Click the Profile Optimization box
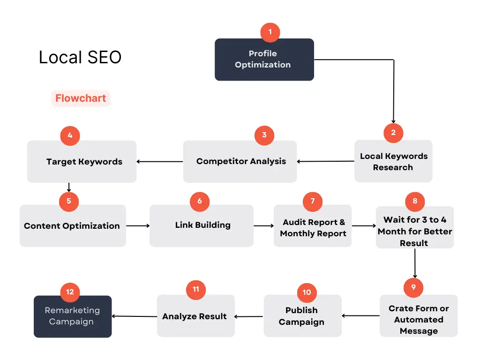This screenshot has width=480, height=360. click(264, 60)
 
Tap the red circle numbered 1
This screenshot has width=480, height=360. click(270, 32)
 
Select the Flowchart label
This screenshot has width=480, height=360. click(81, 98)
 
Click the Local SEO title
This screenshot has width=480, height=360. click(80, 57)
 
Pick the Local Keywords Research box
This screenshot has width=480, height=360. click(393, 161)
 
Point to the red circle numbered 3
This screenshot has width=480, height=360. click(264, 135)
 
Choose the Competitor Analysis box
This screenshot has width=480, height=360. click(240, 162)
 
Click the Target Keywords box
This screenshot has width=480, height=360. click(82, 162)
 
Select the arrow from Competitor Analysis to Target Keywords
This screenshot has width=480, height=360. click(160, 162)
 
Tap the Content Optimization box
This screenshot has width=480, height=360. click(73, 226)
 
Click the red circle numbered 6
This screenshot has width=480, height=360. click(200, 202)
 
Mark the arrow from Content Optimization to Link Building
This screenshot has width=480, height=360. click(138, 226)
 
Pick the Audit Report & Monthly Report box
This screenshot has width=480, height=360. click(313, 226)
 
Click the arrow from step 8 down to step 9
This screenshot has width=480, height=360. click(415, 263)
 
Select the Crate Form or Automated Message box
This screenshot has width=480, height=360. click(419, 316)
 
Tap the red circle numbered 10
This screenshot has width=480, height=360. click(307, 292)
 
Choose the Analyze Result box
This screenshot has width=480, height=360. click(196, 316)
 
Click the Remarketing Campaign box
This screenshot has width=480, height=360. click(73, 316)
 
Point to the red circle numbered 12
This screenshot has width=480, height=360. click(70, 292)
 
